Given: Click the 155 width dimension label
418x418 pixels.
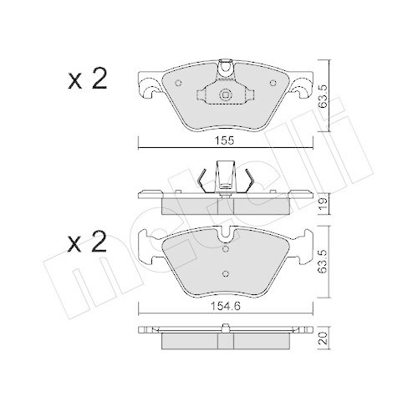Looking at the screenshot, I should (223, 140).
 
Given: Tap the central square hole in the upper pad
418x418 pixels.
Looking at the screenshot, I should (223, 95).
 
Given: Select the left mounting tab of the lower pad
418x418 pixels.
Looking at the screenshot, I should (148, 245).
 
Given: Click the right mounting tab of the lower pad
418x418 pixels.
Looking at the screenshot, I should (298, 245).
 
